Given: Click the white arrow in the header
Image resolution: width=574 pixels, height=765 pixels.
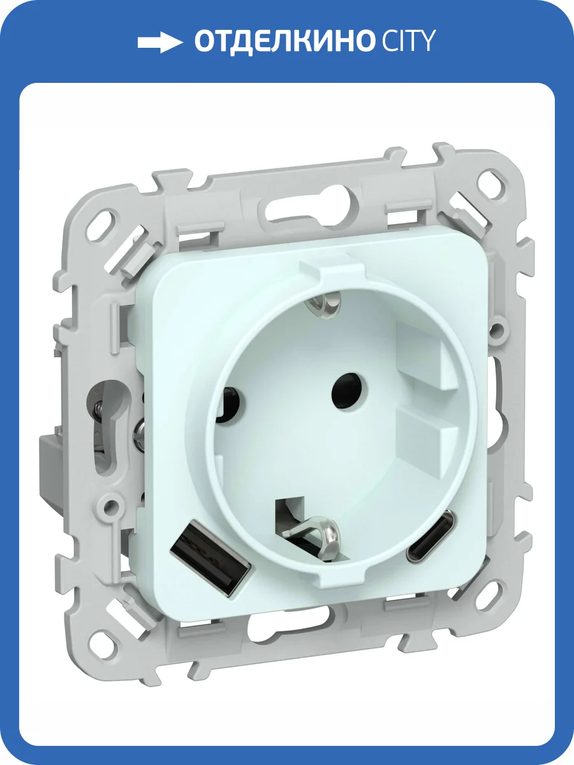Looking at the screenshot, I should [159, 43].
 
